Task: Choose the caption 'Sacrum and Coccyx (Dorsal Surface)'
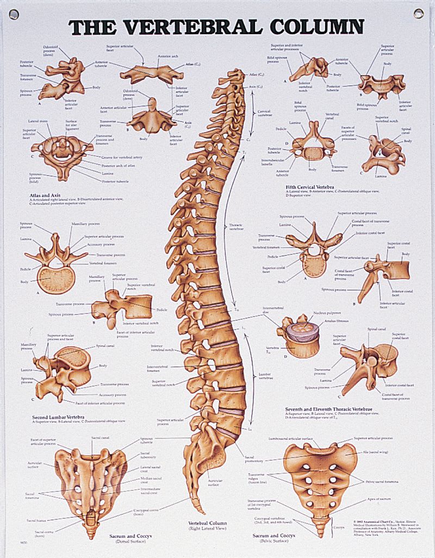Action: [129, 539]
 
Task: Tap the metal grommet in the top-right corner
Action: [418, 13]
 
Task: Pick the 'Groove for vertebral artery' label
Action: [122, 157]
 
